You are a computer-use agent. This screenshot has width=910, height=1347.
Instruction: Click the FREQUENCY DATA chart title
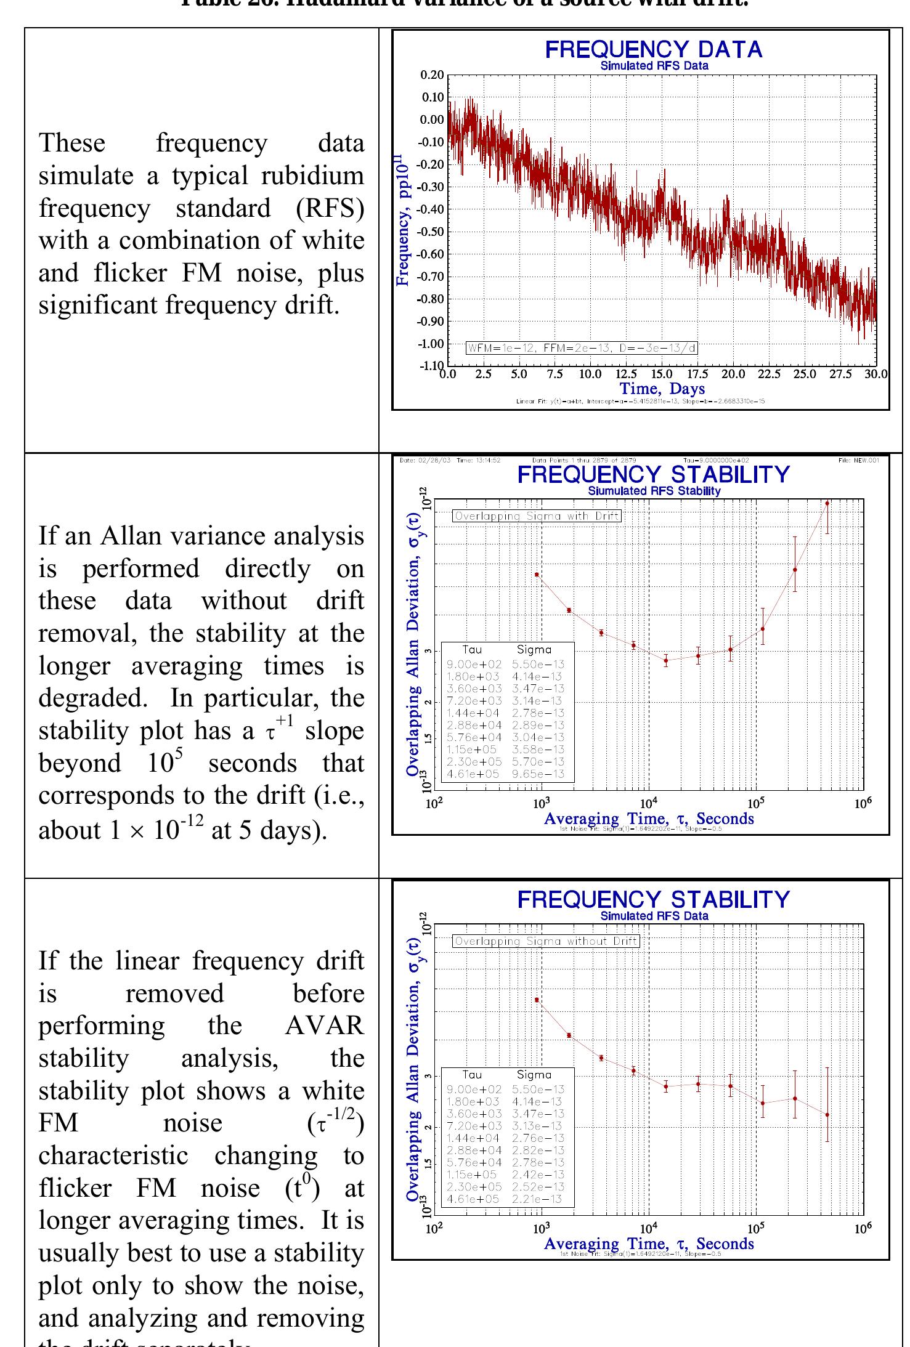(x=653, y=50)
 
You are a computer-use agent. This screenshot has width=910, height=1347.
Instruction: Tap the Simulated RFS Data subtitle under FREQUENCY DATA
(x=654, y=66)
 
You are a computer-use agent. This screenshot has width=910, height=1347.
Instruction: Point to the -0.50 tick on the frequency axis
(x=432, y=232)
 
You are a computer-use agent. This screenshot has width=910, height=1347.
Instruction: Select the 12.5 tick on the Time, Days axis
(x=626, y=374)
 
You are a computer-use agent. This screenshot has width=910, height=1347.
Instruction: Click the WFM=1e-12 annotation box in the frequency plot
(x=582, y=348)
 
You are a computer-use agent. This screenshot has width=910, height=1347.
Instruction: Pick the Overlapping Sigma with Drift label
(x=537, y=516)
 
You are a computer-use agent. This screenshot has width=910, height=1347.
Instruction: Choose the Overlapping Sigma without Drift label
(x=546, y=941)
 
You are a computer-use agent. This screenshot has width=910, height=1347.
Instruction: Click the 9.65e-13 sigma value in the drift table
(x=538, y=774)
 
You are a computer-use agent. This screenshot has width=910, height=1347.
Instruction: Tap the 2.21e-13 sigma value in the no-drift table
(x=538, y=1199)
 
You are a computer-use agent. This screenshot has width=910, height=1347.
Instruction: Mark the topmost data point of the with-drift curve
(x=827, y=504)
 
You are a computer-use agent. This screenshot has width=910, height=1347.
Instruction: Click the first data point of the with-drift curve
(x=537, y=575)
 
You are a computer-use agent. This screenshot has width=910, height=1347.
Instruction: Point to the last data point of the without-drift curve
(x=827, y=1115)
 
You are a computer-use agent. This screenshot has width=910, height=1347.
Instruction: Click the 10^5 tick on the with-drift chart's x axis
(x=755, y=803)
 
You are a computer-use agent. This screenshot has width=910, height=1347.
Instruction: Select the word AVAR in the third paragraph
(x=324, y=1026)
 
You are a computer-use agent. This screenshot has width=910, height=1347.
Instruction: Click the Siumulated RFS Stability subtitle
(x=654, y=491)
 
